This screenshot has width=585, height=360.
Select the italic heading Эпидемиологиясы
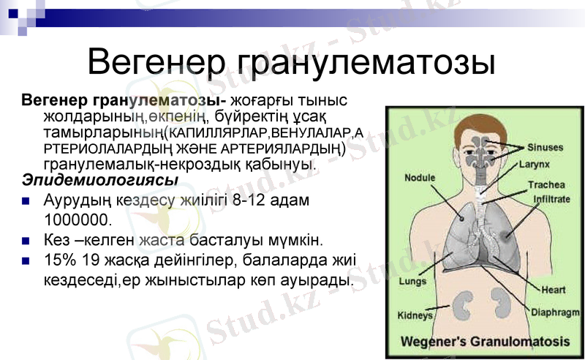pyautogui.click(x=100, y=180)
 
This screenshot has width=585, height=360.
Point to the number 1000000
pyautogui.click(x=78, y=220)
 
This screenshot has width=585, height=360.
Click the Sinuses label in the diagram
pyautogui.click(x=546, y=147)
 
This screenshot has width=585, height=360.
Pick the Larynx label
pyautogui.click(x=533, y=165)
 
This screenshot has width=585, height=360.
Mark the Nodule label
pyautogui.click(x=420, y=178)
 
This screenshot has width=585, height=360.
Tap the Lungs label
pyautogui.click(x=412, y=282)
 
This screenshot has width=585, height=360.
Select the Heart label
pyautogui.click(x=553, y=290)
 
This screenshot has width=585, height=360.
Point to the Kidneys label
pyautogui.click(x=415, y=316)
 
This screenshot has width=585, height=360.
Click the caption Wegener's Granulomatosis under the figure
pyautogui.click(x=485, y=342)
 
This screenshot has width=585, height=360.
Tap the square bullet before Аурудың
pyautogui.click(x=27, y=200)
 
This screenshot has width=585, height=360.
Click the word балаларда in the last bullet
pyautogui.click(x=268, y=260)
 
